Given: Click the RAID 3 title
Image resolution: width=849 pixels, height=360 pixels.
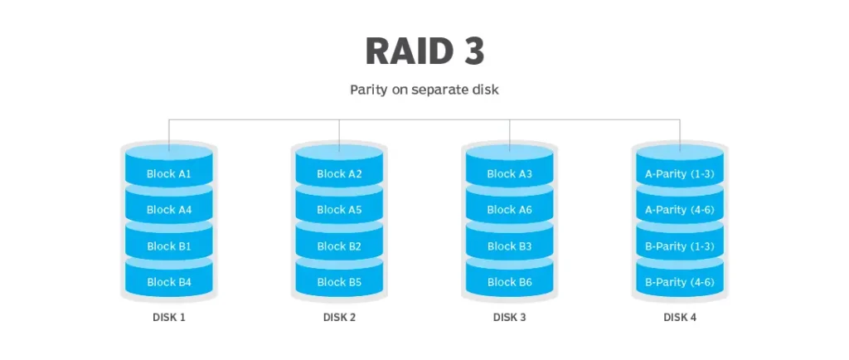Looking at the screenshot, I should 424,51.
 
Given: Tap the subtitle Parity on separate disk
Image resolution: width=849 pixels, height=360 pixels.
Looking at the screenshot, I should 424,90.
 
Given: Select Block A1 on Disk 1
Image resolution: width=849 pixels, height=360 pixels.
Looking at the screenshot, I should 169,174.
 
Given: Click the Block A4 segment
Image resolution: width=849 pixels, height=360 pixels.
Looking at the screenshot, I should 169,210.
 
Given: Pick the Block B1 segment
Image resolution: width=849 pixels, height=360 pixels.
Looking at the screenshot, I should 169,246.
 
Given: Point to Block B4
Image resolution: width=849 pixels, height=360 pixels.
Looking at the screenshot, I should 169,282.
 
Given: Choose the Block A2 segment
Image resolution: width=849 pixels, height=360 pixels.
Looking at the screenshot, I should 339,174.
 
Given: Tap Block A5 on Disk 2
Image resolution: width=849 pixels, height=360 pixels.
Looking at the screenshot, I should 339,210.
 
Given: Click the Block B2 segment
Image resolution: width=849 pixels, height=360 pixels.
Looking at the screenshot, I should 339,246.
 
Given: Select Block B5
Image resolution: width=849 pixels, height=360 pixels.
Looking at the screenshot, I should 339,282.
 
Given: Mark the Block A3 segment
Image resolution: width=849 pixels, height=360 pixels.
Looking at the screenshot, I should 509,174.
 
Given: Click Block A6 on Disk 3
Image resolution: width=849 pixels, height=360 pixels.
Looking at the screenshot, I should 509,210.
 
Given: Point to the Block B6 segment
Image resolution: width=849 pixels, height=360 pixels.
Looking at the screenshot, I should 509,282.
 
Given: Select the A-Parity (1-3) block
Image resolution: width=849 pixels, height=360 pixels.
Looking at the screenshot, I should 680,174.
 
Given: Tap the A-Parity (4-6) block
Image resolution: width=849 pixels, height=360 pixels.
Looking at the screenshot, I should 680,210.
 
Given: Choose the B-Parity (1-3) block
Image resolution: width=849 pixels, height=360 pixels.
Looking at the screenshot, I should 680,246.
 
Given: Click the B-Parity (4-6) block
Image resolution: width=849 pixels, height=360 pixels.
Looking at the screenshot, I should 680,282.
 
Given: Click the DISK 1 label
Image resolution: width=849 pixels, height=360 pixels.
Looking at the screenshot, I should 169,318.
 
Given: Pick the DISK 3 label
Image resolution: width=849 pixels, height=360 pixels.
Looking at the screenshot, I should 509,318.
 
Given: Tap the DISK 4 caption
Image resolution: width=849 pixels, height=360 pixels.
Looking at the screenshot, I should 680,318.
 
